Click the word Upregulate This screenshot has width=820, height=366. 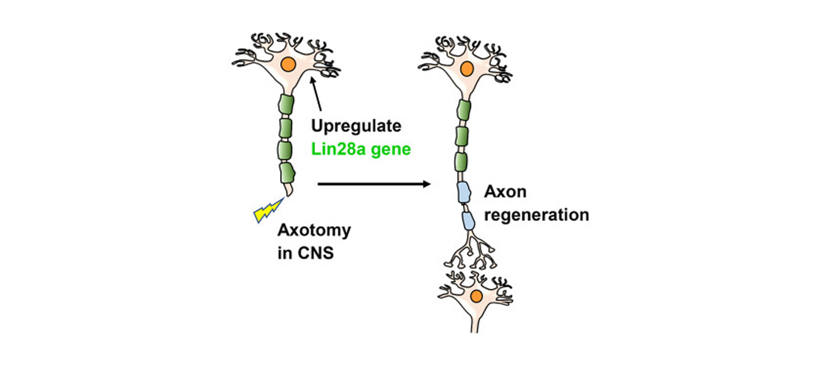[x=356, y=126]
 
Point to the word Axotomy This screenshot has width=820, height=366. [x=314, y=230]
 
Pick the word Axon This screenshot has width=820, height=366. [x=505, y=191]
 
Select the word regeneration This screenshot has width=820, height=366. [x=536, y=215]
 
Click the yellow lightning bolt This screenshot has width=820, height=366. [x=268, y=210]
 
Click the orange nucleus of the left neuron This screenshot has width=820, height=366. [x=288, y=64]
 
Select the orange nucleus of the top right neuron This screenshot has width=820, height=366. [x=466, y=69]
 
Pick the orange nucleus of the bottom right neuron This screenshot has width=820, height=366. [x=476, y=296]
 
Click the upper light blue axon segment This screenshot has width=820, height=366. [x=464, y=192]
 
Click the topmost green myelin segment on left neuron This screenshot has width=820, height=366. [x=286, y=104]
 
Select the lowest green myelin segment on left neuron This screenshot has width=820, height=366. [x=287, y=173]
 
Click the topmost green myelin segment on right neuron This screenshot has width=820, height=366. [x=464, y=110]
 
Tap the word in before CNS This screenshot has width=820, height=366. [x=285, y=253]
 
